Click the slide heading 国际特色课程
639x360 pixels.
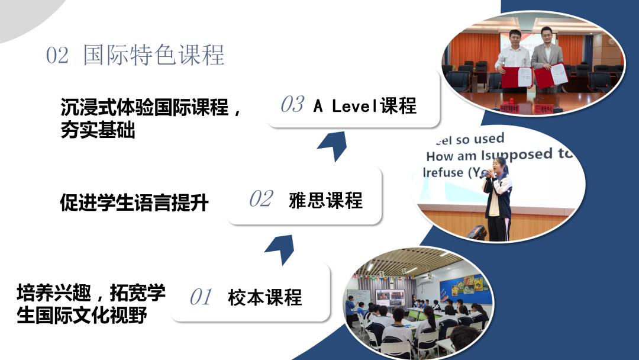154,55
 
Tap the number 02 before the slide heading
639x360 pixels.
57,56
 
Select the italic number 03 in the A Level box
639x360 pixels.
292,105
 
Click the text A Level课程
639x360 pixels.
365,106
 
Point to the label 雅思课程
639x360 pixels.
325,200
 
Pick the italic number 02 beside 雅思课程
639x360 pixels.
261,199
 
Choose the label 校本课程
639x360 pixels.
264,297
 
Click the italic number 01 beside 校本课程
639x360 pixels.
201,297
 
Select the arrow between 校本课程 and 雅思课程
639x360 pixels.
280,247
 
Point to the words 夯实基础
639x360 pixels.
98,130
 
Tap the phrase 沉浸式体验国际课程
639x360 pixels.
144,108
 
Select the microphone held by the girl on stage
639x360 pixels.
486,174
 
